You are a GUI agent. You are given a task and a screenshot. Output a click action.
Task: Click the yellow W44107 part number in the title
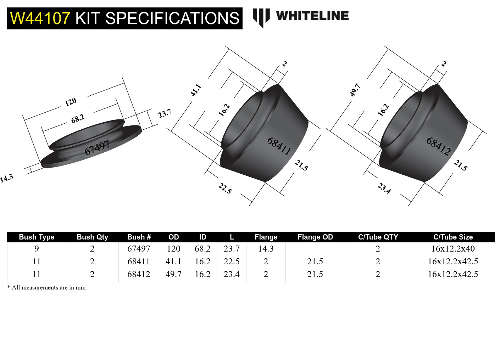coord(40,18)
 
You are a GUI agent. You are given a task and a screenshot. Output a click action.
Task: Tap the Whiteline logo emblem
coord(261,17)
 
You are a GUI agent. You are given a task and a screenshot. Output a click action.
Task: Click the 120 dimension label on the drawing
coord(71,102)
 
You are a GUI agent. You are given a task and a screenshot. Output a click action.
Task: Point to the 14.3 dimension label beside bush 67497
coord(6,178)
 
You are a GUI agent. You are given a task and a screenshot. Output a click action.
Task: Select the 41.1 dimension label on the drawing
coord(196,90)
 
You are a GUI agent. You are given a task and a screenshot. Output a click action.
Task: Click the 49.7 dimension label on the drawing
coord(355,90)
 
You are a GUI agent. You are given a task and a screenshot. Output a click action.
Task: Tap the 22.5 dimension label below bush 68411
coord(225,188)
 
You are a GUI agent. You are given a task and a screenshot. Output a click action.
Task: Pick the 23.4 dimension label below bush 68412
coord(384,188)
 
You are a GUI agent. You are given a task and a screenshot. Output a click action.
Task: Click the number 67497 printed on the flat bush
coord(97,147)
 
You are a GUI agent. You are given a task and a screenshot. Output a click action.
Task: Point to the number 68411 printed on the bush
coord(279,146)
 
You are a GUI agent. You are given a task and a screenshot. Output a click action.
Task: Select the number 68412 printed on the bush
coord(438,146)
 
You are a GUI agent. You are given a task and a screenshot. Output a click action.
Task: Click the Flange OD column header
coord(315,237)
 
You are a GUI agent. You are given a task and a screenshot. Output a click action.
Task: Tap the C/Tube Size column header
coord(453,237)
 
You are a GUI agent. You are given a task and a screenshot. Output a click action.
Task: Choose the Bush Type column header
coord(37,237)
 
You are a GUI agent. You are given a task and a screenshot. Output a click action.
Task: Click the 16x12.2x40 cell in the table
coord(453,249)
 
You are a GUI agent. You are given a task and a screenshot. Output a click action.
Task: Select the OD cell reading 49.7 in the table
coord(173,274)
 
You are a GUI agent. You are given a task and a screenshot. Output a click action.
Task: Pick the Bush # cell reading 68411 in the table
coord(139,261)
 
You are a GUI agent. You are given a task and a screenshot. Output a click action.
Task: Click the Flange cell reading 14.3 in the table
coord(266,249)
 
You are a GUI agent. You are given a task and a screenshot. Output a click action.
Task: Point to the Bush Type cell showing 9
coord(37,249)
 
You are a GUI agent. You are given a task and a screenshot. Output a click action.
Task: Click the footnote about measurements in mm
coord(46,287)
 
